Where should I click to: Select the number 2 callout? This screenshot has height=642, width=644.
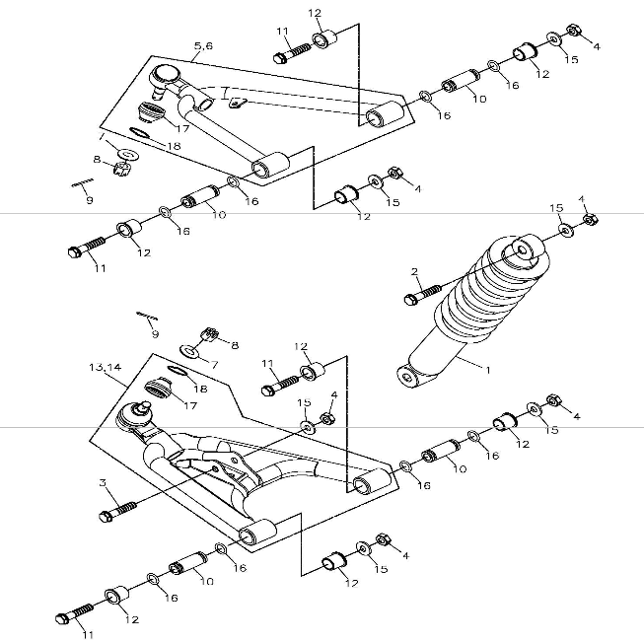[415, 271]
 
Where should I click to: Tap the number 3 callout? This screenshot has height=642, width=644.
[103, 483]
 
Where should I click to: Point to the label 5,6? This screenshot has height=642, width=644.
[202, 46]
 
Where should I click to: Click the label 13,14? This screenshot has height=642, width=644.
[105, 367]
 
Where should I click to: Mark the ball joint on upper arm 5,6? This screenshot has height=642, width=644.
[164, 75]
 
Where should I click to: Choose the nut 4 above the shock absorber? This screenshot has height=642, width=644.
[588, 219]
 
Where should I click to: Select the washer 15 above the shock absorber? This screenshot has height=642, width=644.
[565, 231]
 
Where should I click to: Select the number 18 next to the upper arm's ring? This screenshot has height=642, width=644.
[175, 146]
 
